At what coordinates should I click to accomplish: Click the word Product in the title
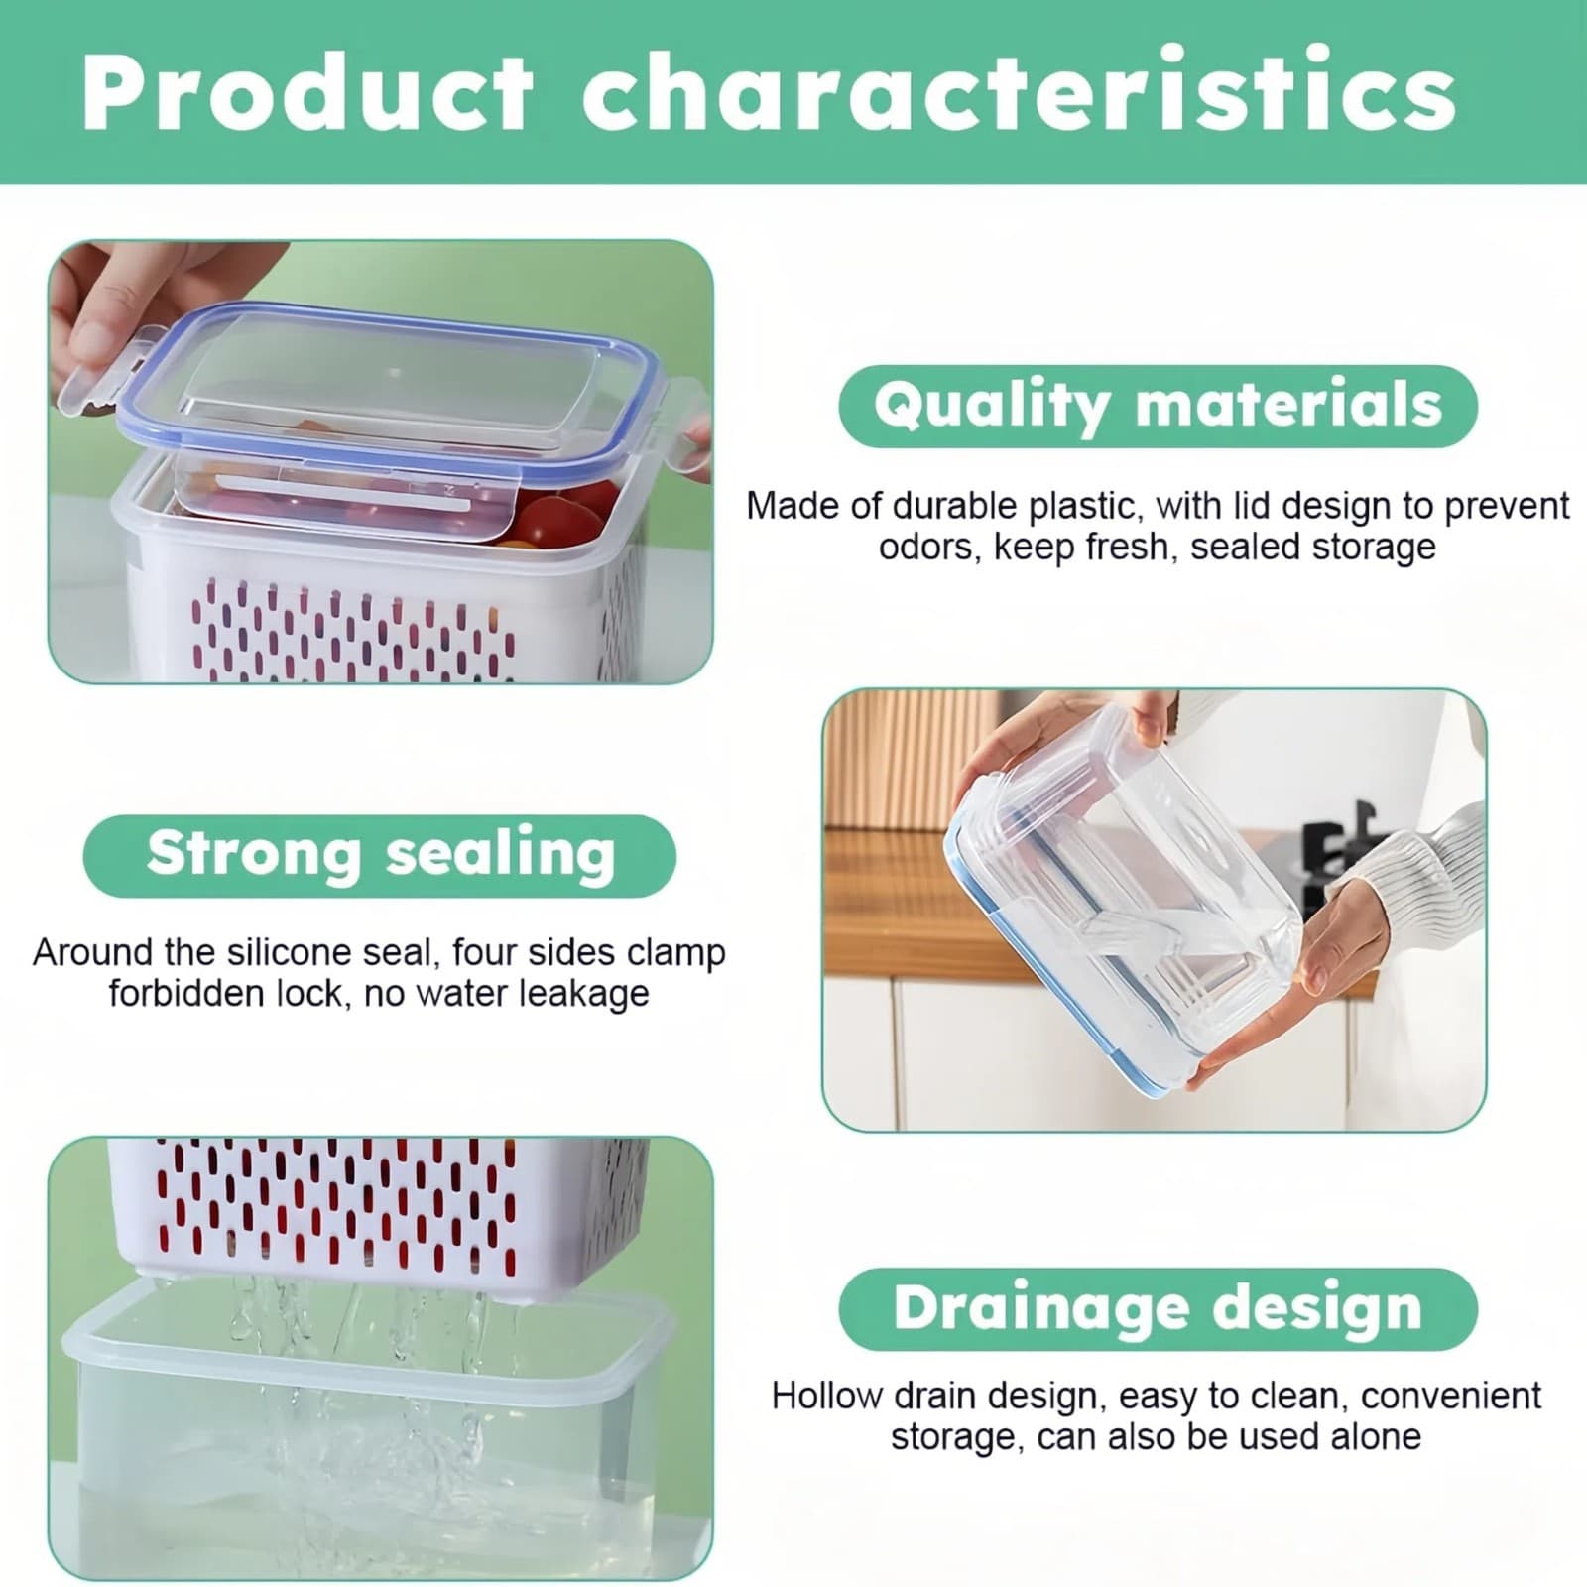pyautogui.click(x=307, y=94)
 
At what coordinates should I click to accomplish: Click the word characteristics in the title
pyautogui.click(x=1019, y=94)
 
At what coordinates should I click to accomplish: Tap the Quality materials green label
pyautogui.click(x=1158, y=406)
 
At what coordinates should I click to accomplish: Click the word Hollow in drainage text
pyautogui.click(x=826, y=1396)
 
